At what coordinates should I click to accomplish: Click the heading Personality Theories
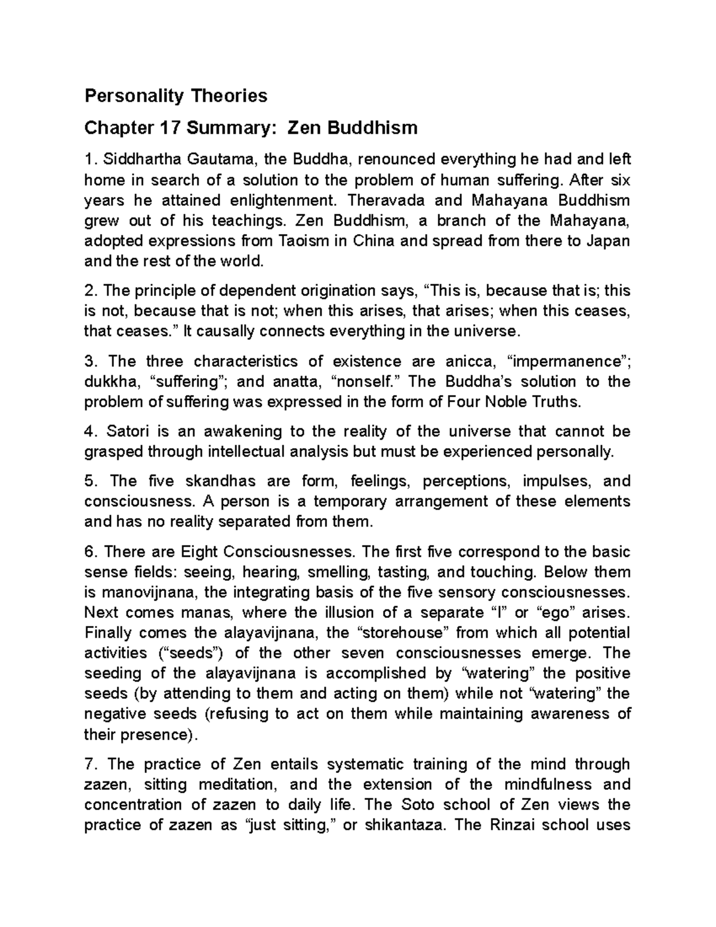(x=176, y=96)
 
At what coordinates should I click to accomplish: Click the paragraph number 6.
(x=89, y=552)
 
